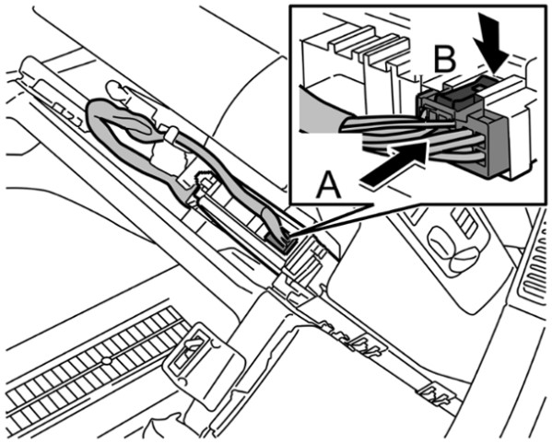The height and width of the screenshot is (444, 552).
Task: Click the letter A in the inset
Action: coord(328,184)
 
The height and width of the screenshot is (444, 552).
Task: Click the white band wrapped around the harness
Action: coord(171,134)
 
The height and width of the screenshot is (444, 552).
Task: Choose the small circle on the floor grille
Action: coord(106,361)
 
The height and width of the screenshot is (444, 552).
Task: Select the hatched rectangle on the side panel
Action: coord(465,223)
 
